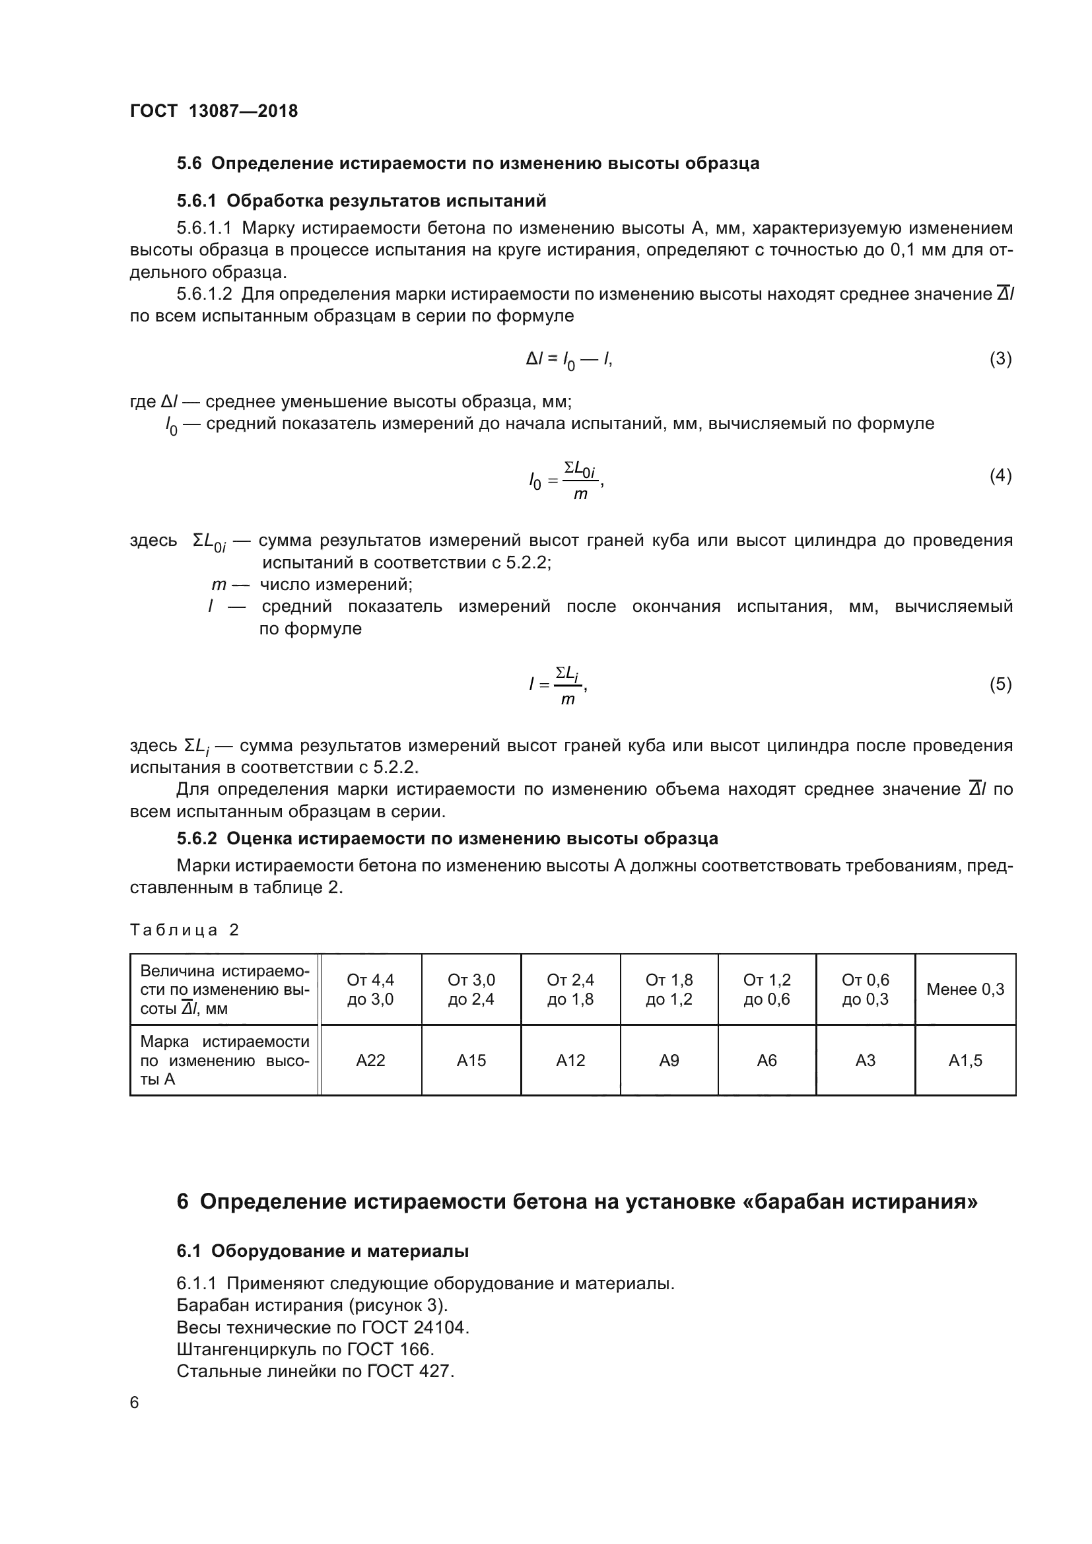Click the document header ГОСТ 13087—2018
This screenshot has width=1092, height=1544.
[x=214, y=111]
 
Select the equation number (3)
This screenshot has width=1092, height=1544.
[x=1000, y=358]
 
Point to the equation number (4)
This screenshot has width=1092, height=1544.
[x=1000, y=475]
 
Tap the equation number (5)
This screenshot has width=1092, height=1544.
[x=1000, y=684]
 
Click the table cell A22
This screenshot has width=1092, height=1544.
[x=370, y=1061]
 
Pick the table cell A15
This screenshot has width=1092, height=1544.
[x=471, y=1061]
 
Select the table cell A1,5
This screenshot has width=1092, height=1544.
[x=965, y=1061]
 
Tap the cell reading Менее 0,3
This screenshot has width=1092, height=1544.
[x=965, y=990]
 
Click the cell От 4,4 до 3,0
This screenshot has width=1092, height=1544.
[x=370, y=990]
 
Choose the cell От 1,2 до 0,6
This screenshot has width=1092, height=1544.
[x=767, y=990]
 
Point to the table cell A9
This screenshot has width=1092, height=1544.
[x=668, y=1061]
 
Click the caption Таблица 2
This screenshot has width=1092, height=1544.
[x=184, y=930]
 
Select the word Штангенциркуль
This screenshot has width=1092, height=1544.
[x=246, y=1350]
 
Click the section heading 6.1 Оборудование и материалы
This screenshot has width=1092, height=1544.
[x=322, y=1251]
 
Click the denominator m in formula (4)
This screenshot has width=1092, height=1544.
[x=580, y=494]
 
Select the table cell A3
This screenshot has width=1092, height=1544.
[x=865, y=1061]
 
